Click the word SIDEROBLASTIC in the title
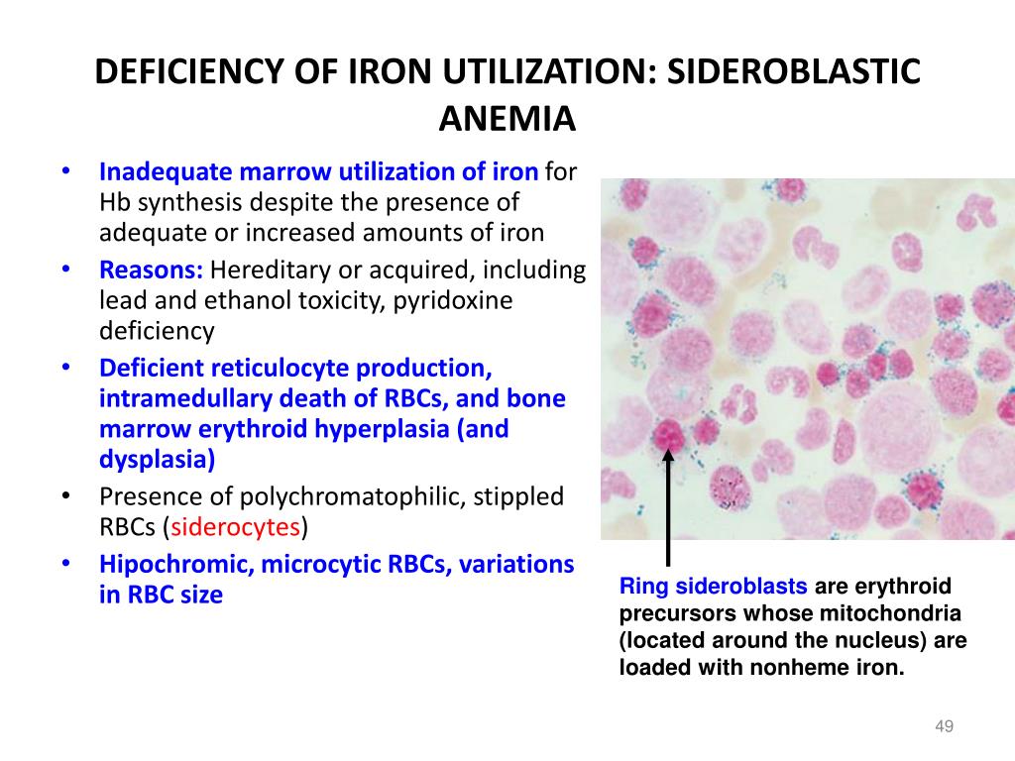click(794, 71)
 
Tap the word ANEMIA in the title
click(507, 119)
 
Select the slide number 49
click(944, 726)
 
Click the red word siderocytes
click(236, 527)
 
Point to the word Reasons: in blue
click(151, 270)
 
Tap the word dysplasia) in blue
click(157, 460)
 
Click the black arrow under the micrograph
click(668, 508)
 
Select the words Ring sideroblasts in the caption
click(714, 586)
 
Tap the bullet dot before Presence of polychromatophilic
click(65, 495)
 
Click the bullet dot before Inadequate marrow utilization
click(65, 170)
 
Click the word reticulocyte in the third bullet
click(280, 369)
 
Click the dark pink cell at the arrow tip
click(668, 436)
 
